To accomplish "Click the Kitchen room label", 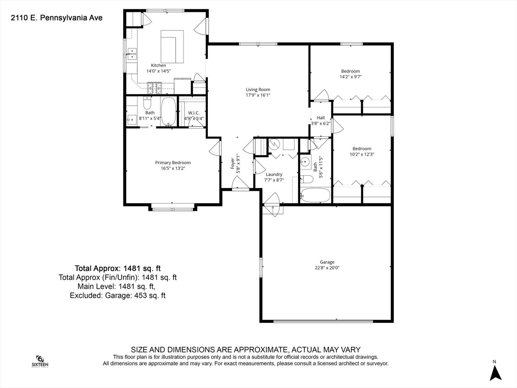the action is (158, 65).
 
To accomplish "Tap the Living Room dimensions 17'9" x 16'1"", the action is (258, 95).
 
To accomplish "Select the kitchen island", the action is (172, 47).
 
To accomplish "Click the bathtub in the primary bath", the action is (168, 112).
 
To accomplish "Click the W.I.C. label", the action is (194, 113).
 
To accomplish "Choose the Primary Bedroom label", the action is (173, 162).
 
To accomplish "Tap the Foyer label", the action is (233, 163).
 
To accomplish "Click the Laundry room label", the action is (274, 175).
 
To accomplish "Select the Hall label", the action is (321, 117).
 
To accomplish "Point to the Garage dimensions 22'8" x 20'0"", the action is (327, 268).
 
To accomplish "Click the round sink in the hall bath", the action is (306, 162).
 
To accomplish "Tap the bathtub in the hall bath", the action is (316, 195).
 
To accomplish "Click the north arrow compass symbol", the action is (495, 373).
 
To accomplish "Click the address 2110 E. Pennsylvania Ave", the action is (56, 18).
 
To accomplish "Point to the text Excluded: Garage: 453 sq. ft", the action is (117, 295).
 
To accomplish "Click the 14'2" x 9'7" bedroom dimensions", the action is (350, 77).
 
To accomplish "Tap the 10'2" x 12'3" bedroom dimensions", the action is (362, 154).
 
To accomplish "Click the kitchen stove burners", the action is (154, 88).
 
